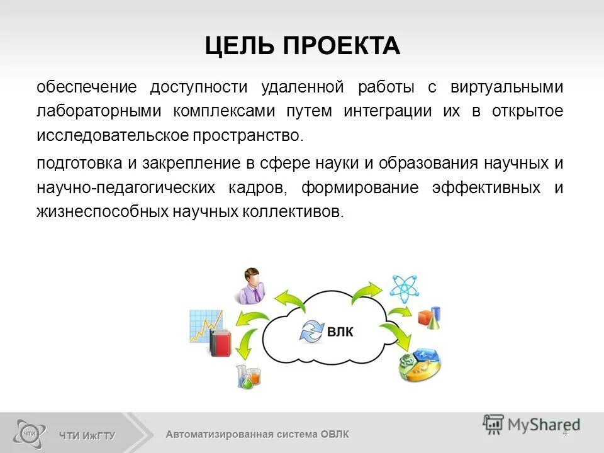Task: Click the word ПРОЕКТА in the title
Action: click(340, 47)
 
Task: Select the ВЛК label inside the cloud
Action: click(340, 332)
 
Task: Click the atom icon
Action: click(403, 287)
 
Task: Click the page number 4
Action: click(564, 432)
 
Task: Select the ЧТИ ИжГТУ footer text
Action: click(87, 435)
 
